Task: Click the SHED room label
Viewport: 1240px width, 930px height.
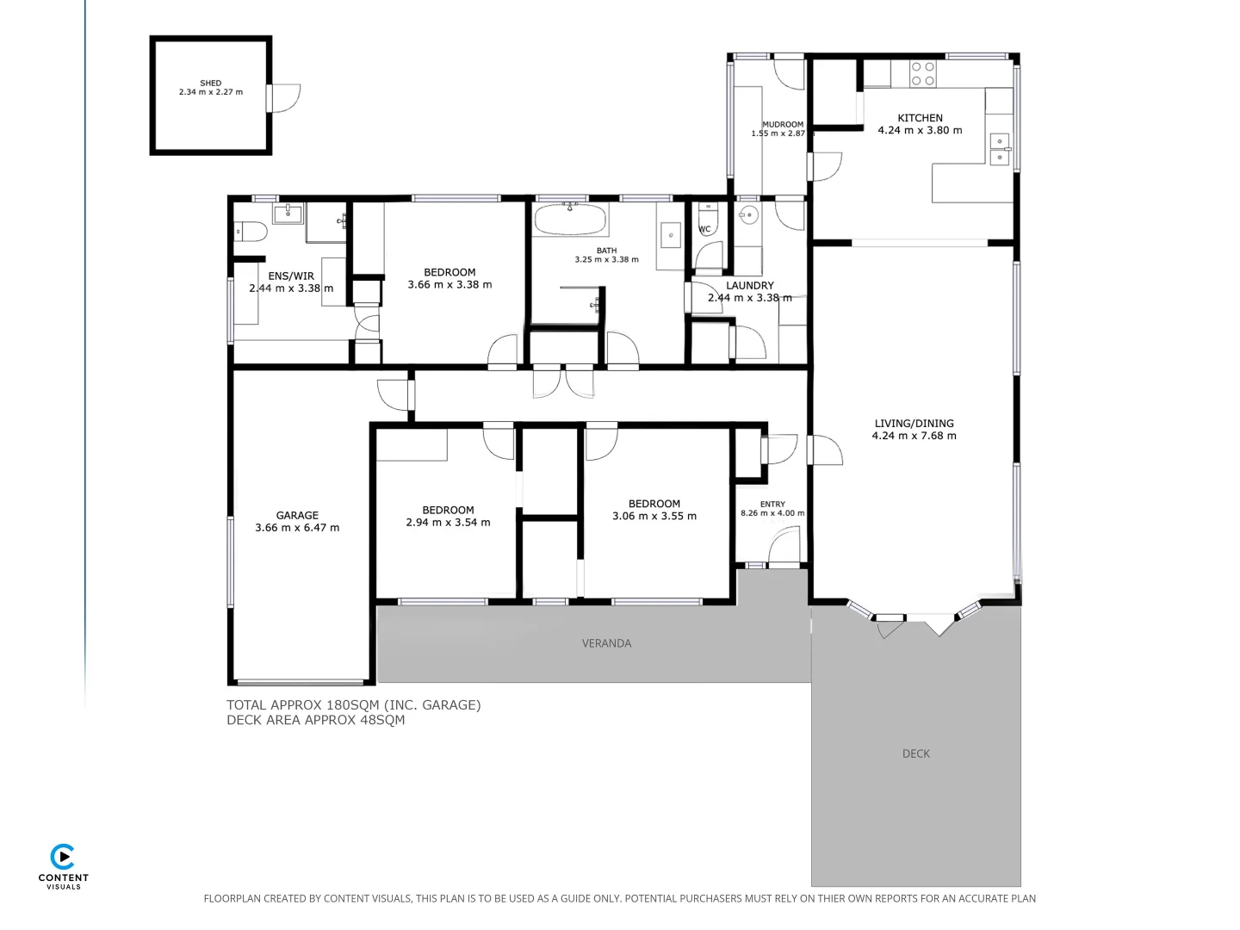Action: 211,84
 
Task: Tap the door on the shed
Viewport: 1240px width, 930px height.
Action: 285,97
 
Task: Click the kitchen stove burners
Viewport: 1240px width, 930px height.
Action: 923,74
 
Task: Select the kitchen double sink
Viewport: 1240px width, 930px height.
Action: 1000,149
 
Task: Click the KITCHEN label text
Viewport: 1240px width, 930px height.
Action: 920,118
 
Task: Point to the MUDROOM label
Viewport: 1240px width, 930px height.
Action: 782,125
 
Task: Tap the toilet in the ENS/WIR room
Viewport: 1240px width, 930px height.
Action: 251,231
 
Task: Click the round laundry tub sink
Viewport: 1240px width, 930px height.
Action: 747,214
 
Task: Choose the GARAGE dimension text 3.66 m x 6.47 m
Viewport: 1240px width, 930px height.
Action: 297,528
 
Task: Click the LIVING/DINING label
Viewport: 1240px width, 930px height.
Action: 914,423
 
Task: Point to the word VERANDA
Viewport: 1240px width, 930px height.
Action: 606,643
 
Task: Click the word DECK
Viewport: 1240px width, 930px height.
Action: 916,753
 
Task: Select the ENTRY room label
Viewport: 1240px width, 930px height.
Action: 772,505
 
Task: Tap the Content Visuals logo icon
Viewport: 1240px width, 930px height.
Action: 63,857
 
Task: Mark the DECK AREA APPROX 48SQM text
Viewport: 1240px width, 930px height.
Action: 315,720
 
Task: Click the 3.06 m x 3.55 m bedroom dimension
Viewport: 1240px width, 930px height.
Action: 654,516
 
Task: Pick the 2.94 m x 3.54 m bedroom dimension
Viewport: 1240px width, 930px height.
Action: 448,522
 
